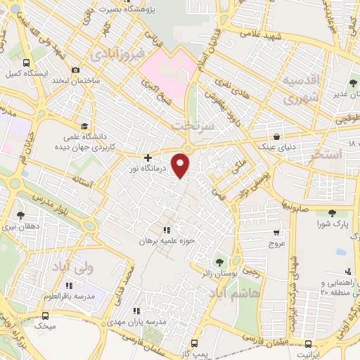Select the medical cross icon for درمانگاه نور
[x=147, y=157]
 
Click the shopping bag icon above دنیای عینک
[x=276, y=136]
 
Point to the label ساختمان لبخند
[x=79, y=81]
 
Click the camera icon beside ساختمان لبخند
[x=76, y=70]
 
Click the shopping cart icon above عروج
[x=276, y=233]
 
